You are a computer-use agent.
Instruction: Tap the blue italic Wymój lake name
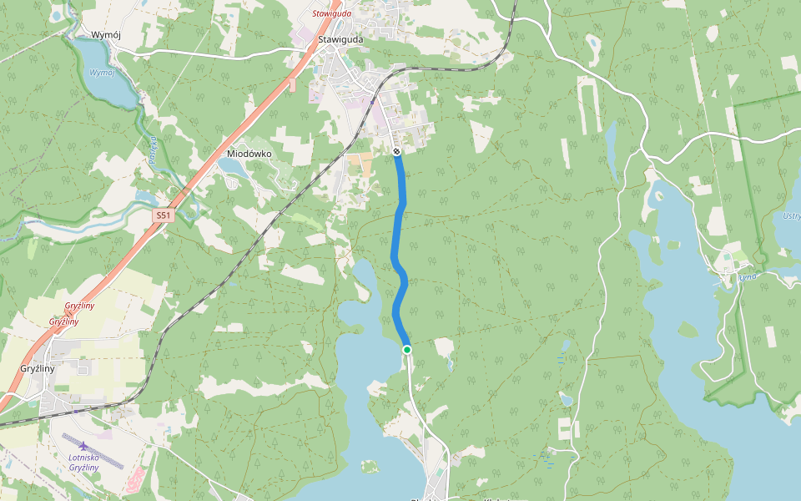(x=101, y=73)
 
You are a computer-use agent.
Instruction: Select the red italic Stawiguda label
(x=331, y=13)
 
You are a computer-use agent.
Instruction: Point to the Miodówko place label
(x=249, y=154)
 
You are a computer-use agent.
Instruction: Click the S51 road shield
(x=163, y=215)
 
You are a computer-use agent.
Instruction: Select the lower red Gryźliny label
(x=63, y=321)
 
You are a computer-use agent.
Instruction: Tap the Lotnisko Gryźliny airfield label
(x=83, y=462)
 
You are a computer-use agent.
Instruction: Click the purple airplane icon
(x=83, y=445)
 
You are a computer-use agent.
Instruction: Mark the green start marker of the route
(x=406, y=349)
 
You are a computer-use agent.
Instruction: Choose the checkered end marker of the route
(x=396, y=151)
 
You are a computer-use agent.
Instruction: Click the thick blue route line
(x=399, y=225)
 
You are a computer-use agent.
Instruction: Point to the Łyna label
(x=747, y=276)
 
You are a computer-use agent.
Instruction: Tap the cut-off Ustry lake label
(x=790, y=216)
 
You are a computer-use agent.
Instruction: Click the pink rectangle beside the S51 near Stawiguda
(x=292, y=85)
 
